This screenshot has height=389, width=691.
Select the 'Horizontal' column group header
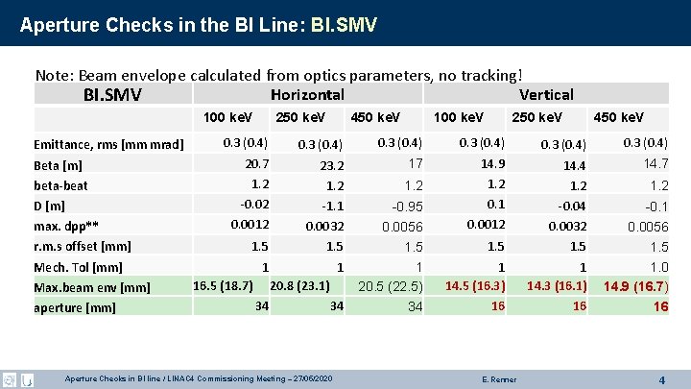307,94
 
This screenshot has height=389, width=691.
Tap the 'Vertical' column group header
545,94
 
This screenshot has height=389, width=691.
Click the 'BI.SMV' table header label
112,94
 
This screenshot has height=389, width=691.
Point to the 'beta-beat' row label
60,184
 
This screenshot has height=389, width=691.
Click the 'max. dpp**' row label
66,225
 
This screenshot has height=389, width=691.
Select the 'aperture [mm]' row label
74,307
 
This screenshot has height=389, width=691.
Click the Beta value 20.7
256,163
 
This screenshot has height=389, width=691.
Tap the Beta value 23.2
332,165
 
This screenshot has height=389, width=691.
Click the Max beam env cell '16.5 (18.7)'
223,285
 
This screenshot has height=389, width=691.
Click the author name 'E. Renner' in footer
496,379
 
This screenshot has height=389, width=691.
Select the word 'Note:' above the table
55,74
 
